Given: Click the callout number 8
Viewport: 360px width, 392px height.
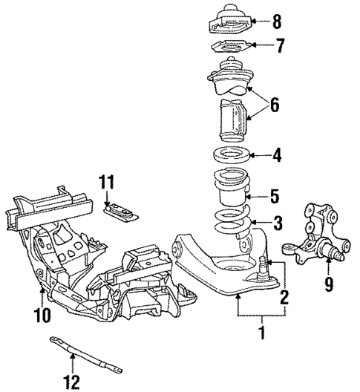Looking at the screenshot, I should click(x=277, y=20).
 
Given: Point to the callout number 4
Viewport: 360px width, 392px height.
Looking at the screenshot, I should click(x=276, y=156).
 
